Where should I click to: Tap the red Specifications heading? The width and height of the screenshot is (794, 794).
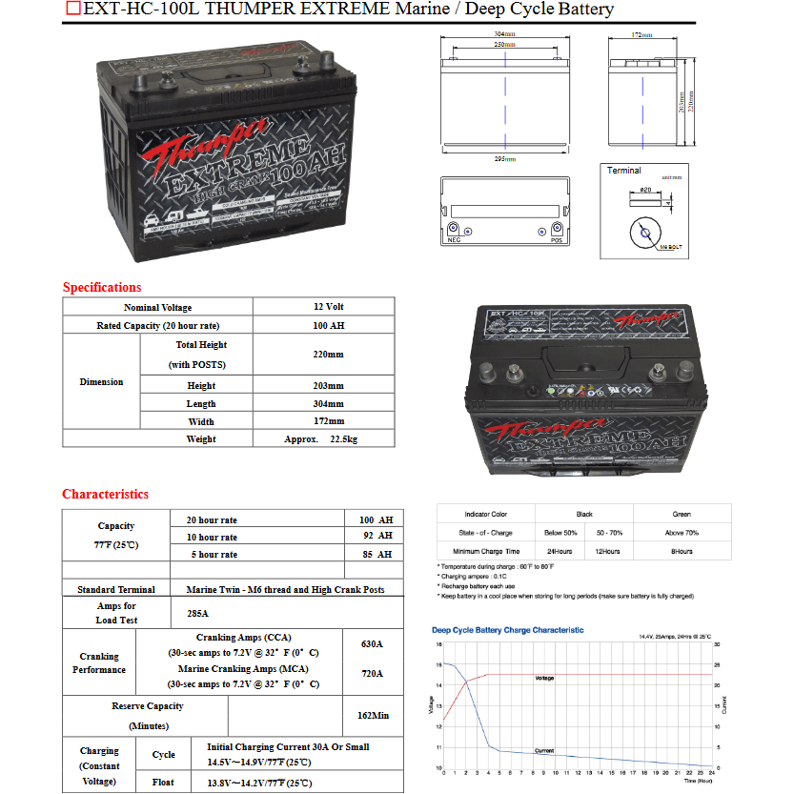tap(102, 287)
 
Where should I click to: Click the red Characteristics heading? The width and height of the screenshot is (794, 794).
tap(106, 494)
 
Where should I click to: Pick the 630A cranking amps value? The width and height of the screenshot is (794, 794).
tap(372, 644)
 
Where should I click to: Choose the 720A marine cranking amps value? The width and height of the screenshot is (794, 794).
tap(372, 674)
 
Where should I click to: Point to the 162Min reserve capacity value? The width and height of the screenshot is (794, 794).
tap(372, 715)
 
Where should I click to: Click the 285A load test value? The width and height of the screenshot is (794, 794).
tap(198, 614)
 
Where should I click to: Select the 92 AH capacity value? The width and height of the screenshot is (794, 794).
tap(376, 537)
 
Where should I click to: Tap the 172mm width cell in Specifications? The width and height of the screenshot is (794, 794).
tap(328, 421)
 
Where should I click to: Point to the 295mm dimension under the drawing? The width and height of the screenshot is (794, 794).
tap(505, 158)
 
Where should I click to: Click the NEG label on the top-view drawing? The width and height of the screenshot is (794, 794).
tap(454, 240)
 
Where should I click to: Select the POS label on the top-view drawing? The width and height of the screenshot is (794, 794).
tap(557, 240)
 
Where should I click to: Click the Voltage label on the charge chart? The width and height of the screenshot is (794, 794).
tap(543, 678)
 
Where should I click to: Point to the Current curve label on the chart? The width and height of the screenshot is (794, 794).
tap(543, 751)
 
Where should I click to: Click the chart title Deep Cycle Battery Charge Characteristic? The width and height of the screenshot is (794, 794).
tap(508, 630)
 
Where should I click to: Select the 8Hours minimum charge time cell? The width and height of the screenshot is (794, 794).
tap(682, 551)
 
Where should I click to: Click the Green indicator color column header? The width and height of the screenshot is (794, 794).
tap(682, 514)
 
